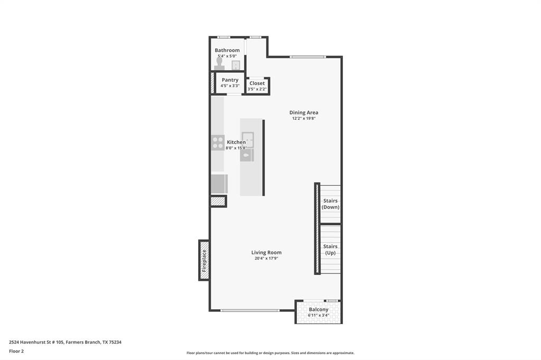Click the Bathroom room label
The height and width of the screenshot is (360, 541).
point(227,50)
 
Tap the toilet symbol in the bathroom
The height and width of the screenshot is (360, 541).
point(220,64)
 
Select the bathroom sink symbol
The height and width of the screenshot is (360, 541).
point(236,65)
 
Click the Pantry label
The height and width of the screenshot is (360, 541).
point(230,80)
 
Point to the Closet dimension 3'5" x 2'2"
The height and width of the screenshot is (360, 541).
point(257,89)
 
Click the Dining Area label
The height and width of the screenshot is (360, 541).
point(304,112)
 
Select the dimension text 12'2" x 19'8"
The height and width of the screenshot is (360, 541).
point(304,119)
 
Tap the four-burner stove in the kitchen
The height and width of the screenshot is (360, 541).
point(218,142)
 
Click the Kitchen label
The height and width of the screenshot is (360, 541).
point(236,142)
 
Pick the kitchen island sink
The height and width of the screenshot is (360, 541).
point(248,139)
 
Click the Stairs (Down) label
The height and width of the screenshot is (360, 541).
point(331,204)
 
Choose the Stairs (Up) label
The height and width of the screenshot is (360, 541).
point(330,250)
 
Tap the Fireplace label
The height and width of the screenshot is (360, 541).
point(204,260)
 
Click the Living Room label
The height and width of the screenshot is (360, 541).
point(266,252)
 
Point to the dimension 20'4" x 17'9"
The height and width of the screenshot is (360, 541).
point(266,259)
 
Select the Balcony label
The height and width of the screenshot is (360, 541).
point(319,309)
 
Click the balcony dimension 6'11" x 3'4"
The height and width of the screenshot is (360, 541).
point(319,316)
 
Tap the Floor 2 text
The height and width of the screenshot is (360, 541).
point(16,351)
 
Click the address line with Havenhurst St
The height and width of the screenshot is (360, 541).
point(65,342)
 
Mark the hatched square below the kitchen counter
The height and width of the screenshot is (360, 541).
point(218,201)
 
